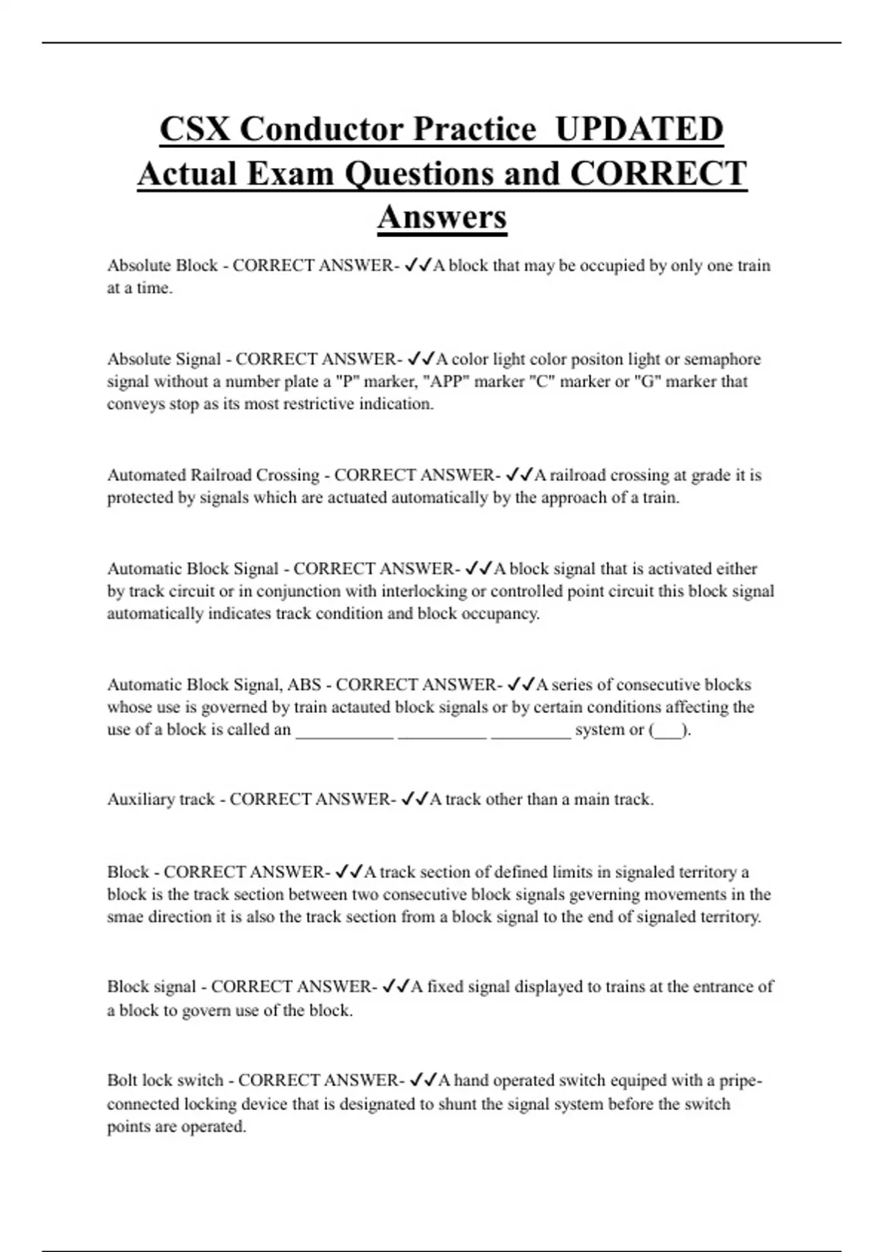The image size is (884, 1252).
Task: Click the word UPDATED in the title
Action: pyautogui.click(x=639, y=129)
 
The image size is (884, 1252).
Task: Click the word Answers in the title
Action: pyautogui.click(x=442, y=217)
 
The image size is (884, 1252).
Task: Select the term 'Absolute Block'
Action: pyautogui.click(x=162, y=265)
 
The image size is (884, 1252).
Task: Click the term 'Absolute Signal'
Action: pyautogui.click(x=164, y=359)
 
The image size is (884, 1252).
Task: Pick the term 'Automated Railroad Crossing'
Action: pyautogui.click(x=213, y=475)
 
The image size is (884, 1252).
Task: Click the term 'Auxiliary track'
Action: pyautogui.click(x=161, y=799)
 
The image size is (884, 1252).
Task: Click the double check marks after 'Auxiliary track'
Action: pyautogui.click(x=413, y=799)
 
